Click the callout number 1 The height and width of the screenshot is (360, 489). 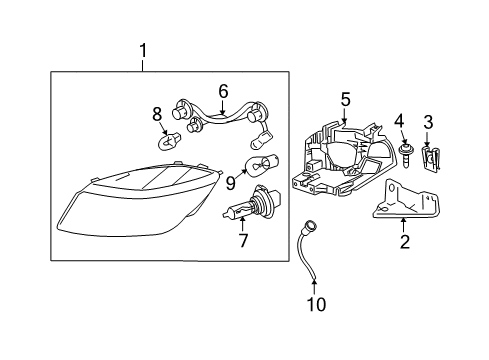point(143,49)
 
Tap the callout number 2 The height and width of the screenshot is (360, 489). point(404,241)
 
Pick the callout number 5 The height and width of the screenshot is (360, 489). point(345,99)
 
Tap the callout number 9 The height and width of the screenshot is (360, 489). point(231,182)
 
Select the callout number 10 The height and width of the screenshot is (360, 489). point(316,305)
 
